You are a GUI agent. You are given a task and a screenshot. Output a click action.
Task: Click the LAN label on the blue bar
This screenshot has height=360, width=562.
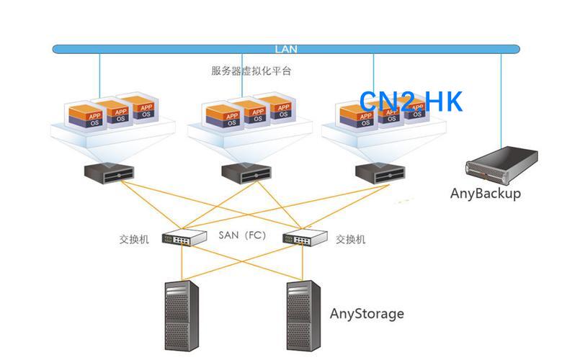pos(286,50)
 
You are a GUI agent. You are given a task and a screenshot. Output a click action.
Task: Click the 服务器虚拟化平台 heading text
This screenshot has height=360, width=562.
pos(251,71)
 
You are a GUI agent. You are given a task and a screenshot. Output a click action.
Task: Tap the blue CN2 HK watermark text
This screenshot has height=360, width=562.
pos(411,102)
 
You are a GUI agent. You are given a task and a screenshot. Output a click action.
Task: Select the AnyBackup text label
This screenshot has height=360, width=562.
pos(486,193)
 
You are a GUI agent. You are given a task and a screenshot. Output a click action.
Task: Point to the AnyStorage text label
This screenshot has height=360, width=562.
pos(367,314)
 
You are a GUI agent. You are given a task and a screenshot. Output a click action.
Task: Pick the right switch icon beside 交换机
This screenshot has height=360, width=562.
pos(305,238)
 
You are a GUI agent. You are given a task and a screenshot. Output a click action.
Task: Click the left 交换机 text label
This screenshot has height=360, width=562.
pos(135,239)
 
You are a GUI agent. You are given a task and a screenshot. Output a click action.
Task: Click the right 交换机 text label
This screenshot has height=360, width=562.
pos(351,239)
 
